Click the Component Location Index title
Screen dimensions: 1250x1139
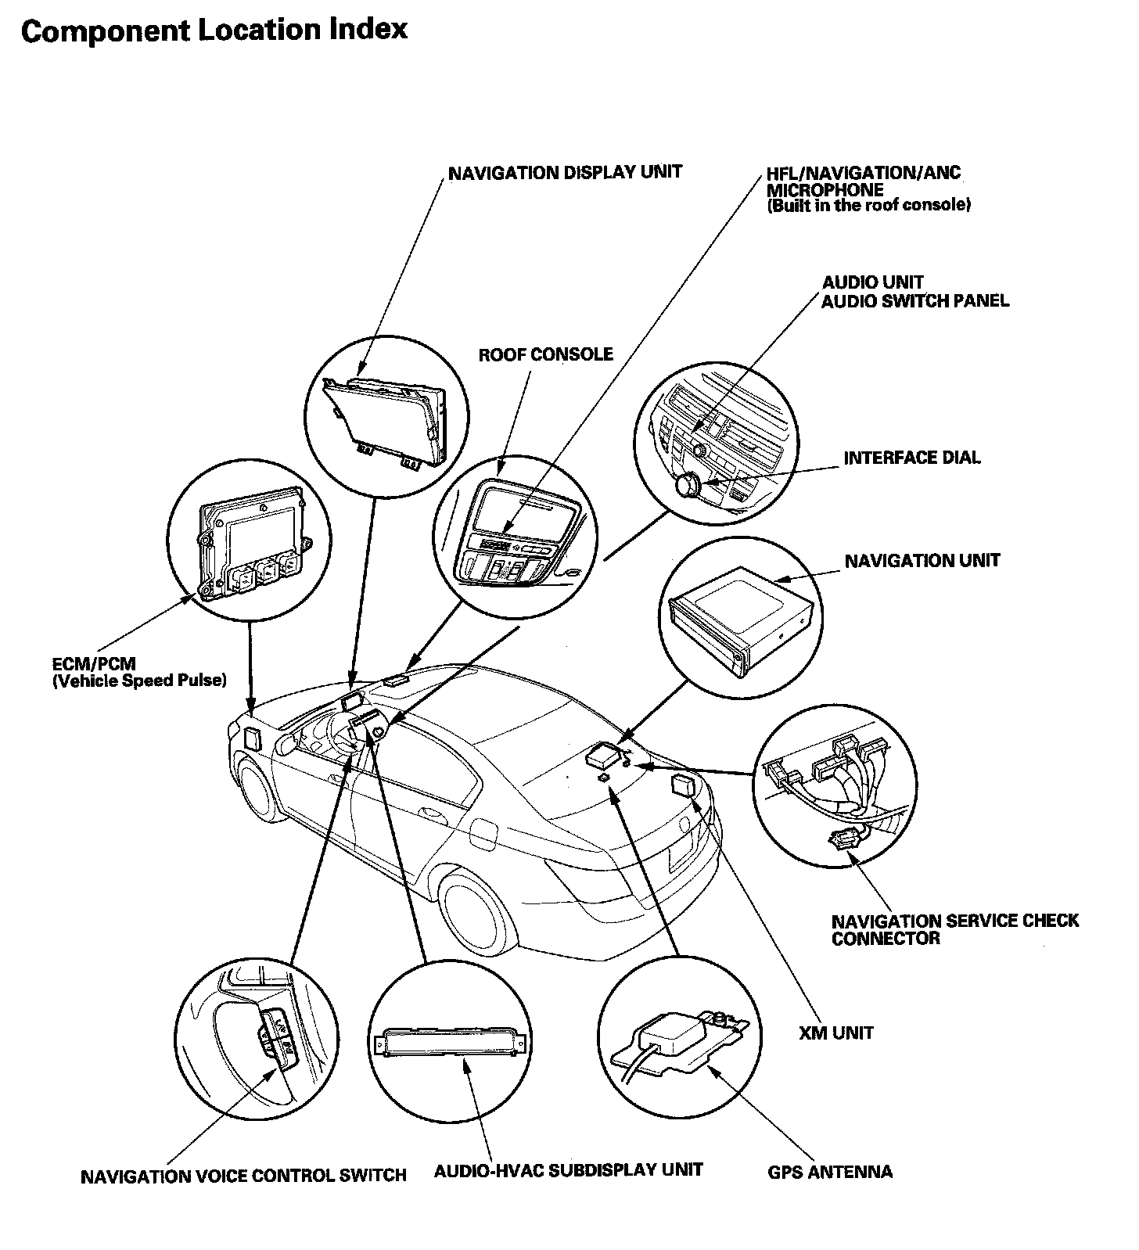214,31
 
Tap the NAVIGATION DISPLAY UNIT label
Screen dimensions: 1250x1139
565,172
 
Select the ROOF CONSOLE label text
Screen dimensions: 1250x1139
545,355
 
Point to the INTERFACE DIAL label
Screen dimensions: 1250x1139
911,458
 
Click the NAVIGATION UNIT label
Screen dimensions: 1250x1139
922,561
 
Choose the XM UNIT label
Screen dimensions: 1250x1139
836,1033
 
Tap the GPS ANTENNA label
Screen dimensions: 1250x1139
830,1172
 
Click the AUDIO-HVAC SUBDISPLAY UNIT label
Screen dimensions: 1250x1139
569,1170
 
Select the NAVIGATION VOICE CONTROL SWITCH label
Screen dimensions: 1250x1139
243,1176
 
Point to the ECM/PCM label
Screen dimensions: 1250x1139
94,664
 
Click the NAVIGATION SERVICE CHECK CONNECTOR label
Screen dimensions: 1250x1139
954,929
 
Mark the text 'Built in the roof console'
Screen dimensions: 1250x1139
868,207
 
